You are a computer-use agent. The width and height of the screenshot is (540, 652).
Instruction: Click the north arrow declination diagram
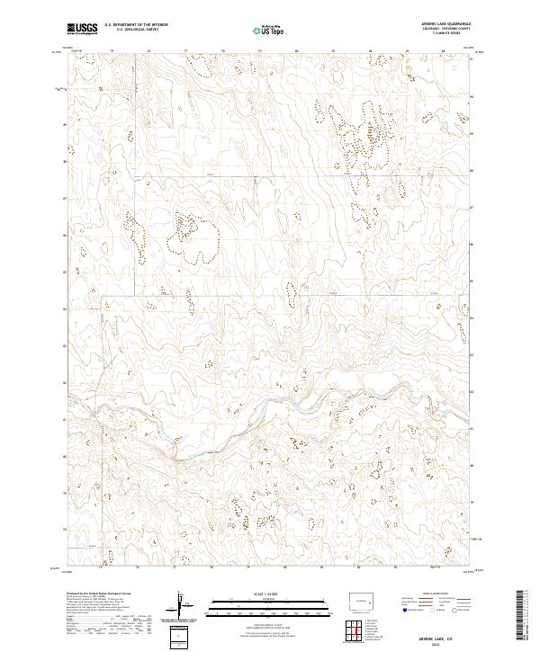point(184,607)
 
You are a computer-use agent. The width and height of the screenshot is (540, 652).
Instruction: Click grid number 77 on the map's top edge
point(185,51)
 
